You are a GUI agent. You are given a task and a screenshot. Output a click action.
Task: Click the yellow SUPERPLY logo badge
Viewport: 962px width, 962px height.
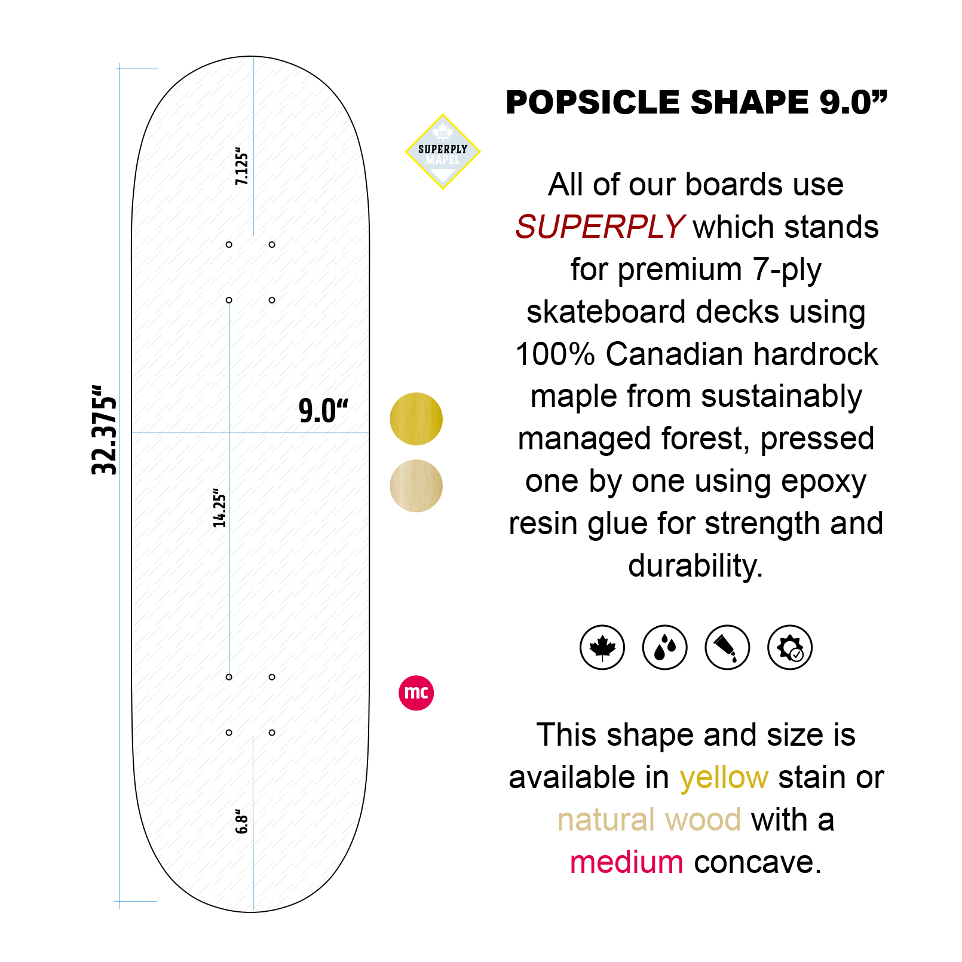click(x=442, y=152)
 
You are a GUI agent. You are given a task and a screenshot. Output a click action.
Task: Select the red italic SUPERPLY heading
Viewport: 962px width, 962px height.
click(x=599, y=227)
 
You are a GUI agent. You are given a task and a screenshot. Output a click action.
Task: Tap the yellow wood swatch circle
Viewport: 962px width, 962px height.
click(x=416, y=419)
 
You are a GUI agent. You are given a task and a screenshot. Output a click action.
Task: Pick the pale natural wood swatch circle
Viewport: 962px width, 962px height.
click(x=416, y=486)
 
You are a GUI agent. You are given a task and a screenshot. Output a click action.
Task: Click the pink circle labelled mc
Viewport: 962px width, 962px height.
click(x=416, y=693)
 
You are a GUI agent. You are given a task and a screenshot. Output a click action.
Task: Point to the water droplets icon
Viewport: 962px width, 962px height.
click(x=664, y=647)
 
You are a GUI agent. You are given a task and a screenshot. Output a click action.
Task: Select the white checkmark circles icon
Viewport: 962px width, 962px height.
click(x=792, y=650)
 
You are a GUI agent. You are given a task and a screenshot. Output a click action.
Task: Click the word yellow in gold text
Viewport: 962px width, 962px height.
click(x=724, y=777)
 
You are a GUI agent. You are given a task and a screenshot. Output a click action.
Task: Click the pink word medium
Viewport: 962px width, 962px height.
click(x=626, y=862)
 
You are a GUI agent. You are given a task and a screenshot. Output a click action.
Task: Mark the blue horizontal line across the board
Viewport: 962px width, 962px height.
click(x=299, y=432)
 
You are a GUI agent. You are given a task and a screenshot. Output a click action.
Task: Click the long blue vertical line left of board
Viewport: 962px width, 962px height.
click(x=120, y=478)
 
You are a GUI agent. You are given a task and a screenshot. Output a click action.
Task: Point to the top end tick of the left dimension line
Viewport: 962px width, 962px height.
click(x=136, y=69)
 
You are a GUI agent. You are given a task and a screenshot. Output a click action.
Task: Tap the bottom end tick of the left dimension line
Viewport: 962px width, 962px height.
click(x=135, y=900)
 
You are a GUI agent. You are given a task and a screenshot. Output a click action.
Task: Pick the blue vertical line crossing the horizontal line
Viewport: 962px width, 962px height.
click(x=229, y=538)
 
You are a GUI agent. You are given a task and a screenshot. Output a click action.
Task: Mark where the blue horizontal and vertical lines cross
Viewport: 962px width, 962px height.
click(x=229, y=432)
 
